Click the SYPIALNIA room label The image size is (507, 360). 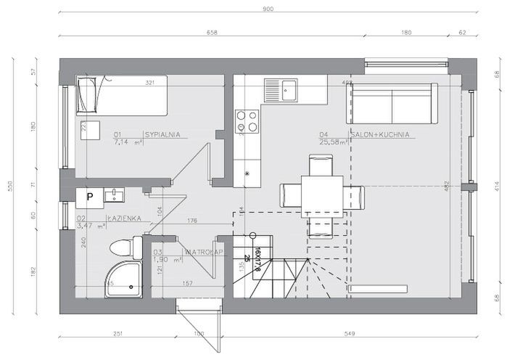click(162, 134)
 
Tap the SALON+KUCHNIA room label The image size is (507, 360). click(381, 134)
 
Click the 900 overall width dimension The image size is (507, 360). click(267, 9)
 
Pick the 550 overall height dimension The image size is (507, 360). click(10, 186)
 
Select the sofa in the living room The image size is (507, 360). click(395, 103)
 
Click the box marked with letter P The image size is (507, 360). click(90, 196)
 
